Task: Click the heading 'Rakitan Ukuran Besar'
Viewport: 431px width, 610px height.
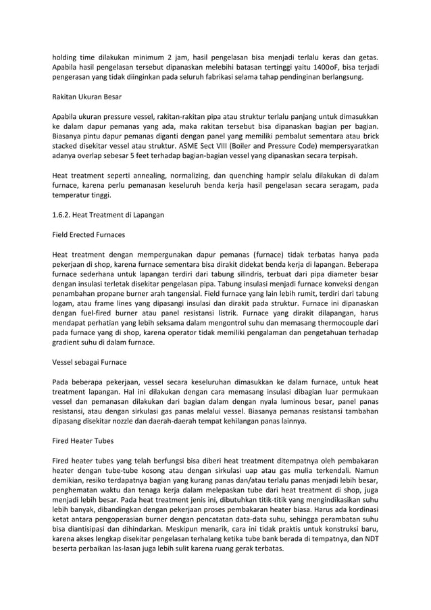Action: coord(87,97)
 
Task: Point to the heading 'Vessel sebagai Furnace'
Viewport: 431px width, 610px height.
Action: coord(89,361)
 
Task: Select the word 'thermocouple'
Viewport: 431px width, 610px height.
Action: coord(345,323)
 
